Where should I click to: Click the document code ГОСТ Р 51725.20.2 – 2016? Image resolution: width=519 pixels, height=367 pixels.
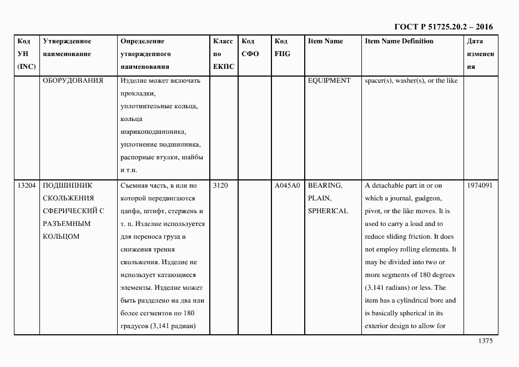point(443,27)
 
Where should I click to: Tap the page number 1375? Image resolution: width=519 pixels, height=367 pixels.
point(485,341)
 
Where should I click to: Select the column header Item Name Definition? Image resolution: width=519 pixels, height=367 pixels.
point(399,41)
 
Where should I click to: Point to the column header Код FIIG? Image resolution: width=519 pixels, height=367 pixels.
point(282,48)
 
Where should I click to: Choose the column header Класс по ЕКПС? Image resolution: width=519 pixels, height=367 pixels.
point(223,54)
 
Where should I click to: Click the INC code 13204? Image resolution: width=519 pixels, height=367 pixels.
point(27,185)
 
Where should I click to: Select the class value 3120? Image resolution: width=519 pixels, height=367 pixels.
point(220,185)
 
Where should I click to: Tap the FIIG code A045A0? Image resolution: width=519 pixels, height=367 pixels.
point(287,185)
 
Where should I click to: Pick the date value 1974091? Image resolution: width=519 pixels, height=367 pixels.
point(480,185)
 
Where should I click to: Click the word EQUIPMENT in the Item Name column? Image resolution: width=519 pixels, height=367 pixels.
point(329,81)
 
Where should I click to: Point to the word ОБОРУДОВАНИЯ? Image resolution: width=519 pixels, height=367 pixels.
point(73,81)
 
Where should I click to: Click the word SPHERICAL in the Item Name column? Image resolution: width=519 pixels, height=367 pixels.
point(328,211)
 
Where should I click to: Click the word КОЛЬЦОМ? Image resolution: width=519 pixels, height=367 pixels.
point(61,237)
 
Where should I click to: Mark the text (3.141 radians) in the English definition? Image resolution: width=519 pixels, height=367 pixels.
point(391,288)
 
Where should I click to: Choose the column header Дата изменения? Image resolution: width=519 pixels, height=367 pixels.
point(480,54)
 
